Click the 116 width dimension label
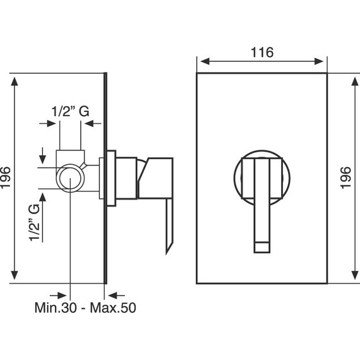pyautogui.click(x=262, y=52)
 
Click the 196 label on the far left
pyautogui.click(x=5, y=177)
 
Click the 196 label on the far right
pyautogui.click(x=345, y=177)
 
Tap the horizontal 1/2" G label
pyautogui.click(x=70, y=111)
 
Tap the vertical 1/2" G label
pyautogui.click(x=35, y=222)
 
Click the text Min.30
pyautogui.click(x=56, y=308)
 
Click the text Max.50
pyautogui.click(x=113, y=308)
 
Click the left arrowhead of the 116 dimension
pyautogui.click(x=205, y=61)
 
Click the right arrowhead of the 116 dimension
pyautogui.click(x=319, y=61)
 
